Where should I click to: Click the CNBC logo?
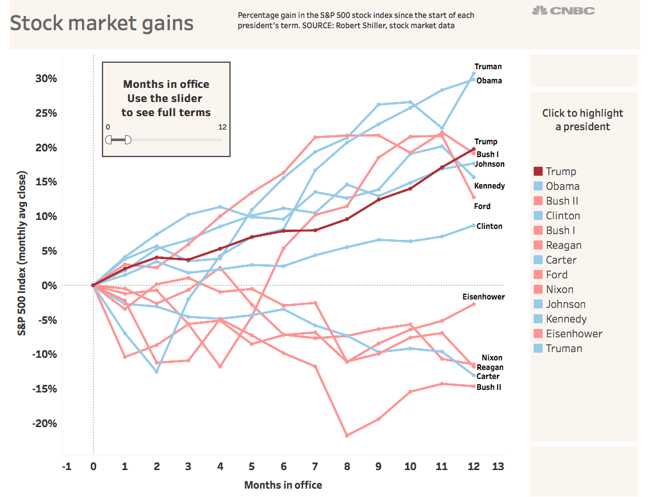(564, 11)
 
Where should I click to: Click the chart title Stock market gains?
(102, 24)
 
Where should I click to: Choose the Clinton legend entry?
(563, 215)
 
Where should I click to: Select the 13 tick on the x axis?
(498, 466)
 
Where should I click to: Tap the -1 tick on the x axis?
(66, 466)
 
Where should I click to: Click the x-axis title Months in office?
(283, 485)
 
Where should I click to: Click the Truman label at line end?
(488, 67)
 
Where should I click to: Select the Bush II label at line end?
(489, 387)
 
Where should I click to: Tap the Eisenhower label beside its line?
(483, 297)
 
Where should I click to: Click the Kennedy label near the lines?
(489, 186)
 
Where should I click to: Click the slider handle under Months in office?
(127, 140)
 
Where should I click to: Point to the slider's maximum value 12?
(222, 127)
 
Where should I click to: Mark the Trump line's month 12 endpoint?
(473, 149)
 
